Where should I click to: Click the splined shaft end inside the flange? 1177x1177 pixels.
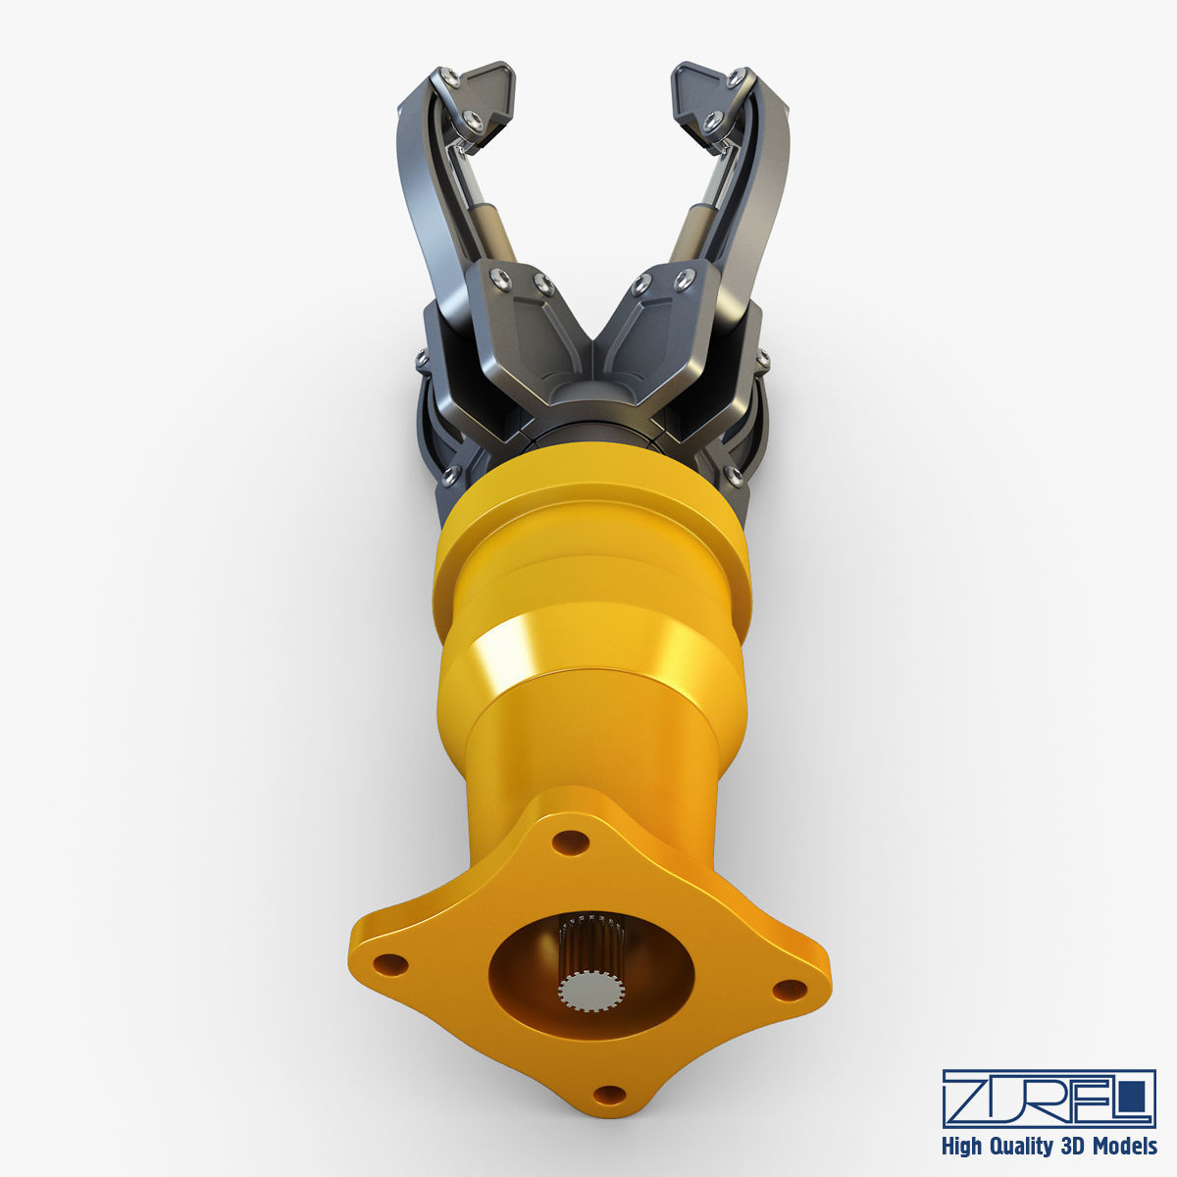(589, 991)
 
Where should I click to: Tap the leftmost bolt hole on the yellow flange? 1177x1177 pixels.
(389, 963)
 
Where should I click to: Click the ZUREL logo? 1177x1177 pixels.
(1048, 1099)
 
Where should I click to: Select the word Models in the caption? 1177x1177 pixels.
(1123, 1146)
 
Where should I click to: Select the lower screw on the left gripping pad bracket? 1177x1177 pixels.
(472, 119)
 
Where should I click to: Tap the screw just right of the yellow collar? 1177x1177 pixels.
(734, 478)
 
